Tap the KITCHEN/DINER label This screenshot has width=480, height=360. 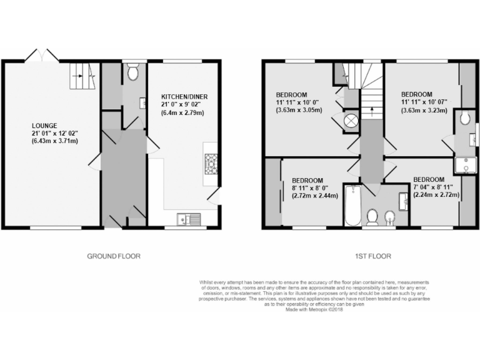click(x=184, y=96)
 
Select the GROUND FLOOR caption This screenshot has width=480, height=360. click(x=113, y=256)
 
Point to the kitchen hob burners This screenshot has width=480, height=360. click(x=209, y=163)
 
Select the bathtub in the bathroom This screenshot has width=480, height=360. click(x=352, y=207)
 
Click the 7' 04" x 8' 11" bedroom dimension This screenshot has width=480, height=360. click(x=436, y=186)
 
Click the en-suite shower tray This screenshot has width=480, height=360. click(x=464, y=164)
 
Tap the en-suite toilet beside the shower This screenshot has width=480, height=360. click(x=464, y=117)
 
